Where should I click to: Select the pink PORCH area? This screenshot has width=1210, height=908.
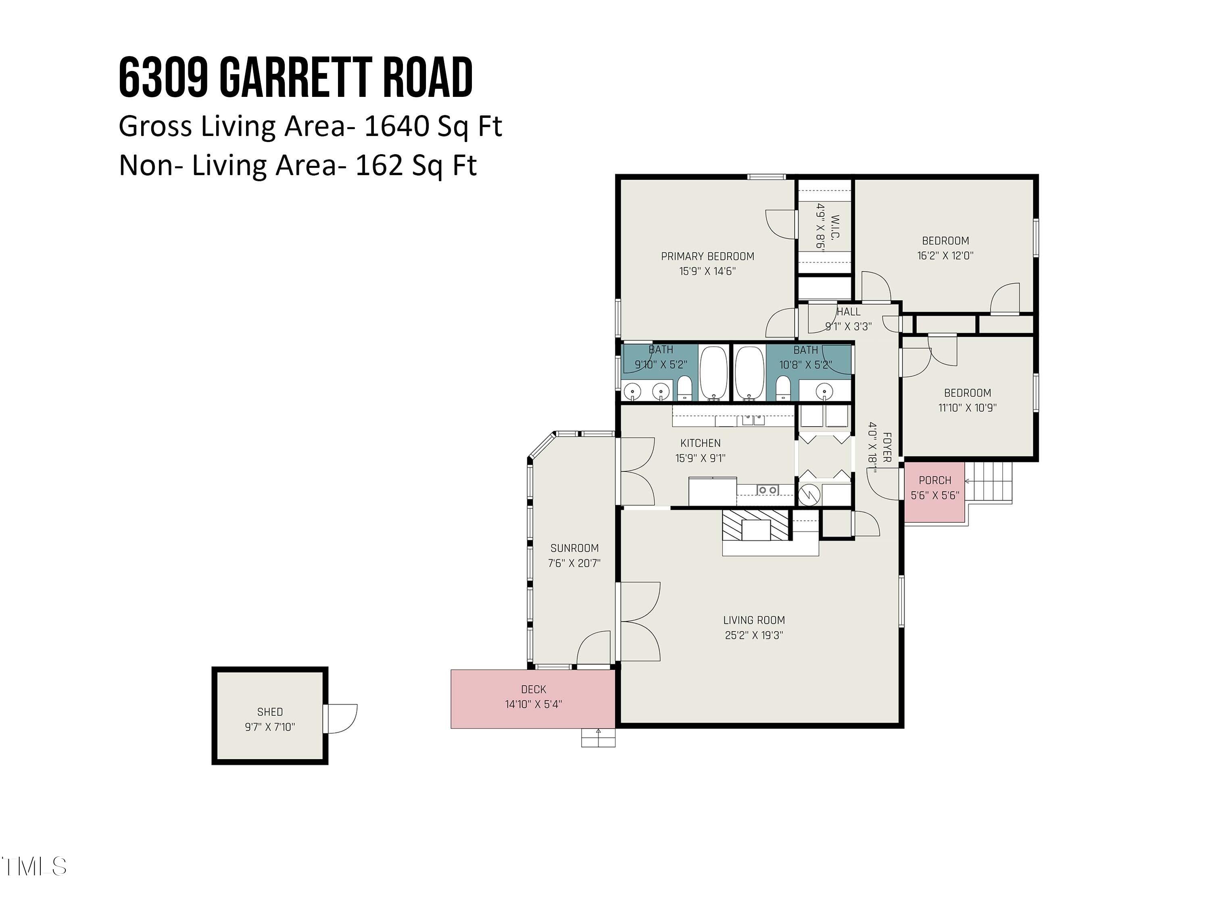[934, 491]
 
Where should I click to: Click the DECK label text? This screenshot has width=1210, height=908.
[533, 690]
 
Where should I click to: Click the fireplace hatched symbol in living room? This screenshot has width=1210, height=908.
[755, 526]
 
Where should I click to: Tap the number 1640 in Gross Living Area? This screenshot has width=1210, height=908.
[396, 126]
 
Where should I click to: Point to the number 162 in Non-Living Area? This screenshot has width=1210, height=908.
[379, 165]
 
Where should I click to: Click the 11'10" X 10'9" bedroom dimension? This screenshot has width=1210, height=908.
[967, 408]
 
